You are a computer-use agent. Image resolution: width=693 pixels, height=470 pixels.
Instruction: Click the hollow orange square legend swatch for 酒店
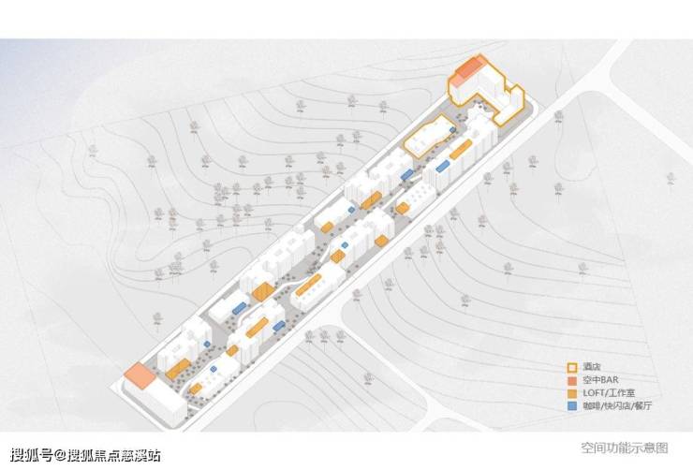click(570, 367)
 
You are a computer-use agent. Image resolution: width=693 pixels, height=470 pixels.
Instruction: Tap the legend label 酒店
click(588, 367)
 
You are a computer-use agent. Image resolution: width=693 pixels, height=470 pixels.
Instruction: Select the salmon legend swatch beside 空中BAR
click(570, 381)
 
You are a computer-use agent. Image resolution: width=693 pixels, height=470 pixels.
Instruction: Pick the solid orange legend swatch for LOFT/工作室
click(570, 394)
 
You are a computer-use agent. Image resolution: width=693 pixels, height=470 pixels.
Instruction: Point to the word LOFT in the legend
click(592, 394)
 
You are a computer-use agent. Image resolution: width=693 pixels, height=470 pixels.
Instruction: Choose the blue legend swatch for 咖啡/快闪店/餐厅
click(570, 407)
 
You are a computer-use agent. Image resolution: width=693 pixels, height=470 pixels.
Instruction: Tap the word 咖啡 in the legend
click(588, 407)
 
